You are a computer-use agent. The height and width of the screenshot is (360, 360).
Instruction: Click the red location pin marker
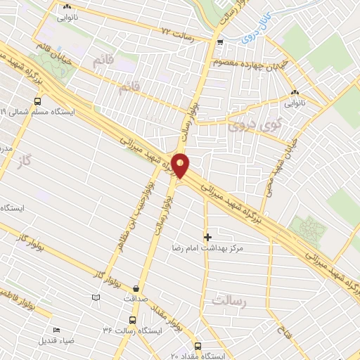click(x=181, y=165)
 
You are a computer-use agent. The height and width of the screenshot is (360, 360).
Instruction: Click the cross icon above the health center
click(x=207, y=237)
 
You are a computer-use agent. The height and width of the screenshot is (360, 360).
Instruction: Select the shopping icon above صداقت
click(x=136, y=288)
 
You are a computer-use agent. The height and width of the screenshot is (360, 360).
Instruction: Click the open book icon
click(x=96, y=298)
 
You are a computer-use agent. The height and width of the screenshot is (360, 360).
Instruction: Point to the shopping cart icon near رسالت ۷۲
click(x=221, y=42)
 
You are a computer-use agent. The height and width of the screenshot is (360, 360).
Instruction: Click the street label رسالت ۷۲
click(x=176, y=32)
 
